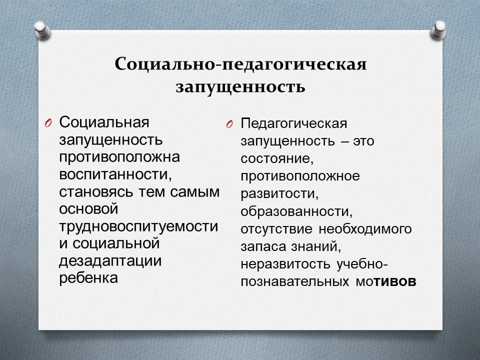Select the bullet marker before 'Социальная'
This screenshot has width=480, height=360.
[x=48, y=123]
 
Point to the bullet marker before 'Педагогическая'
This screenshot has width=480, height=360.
[x=229, y=124]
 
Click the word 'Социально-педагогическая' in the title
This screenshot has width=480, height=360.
[x=240, y=64]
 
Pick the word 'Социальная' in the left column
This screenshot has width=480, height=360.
[x=104, y=122]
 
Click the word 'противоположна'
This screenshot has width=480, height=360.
[x=119, y=157]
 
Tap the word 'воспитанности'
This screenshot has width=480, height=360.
[x=115, y=174]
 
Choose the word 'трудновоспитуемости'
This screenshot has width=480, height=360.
[x=138, y=226]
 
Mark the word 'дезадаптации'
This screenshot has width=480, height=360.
[x=110, y=261]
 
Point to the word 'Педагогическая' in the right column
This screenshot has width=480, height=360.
[x=294, y=123]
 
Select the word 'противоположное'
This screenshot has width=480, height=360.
[x=300, y=176]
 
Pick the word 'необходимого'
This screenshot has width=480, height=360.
[x=365, y=229]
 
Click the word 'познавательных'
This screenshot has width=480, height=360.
[x=294, y=281]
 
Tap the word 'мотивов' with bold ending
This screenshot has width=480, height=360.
[x=385, y=281]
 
